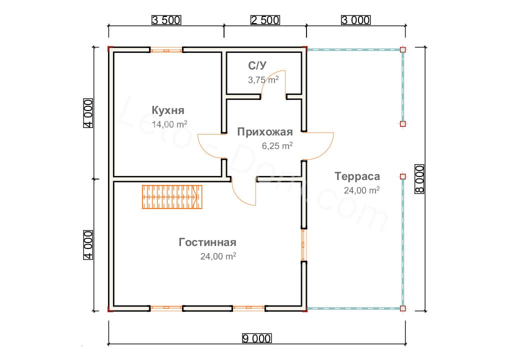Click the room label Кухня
168,110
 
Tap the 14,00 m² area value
169,124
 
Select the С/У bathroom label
257,65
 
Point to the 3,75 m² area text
263,79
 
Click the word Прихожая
265,132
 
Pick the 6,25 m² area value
277,146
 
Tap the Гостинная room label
207,242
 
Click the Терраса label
357,176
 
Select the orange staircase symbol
172,196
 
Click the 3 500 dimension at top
166,20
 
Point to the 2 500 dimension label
265,20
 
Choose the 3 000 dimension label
355,20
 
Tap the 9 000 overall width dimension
257,338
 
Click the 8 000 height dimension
419,179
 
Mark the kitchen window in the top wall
166,50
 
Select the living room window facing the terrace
304,245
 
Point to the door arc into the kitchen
211,146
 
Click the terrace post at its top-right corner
403,49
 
